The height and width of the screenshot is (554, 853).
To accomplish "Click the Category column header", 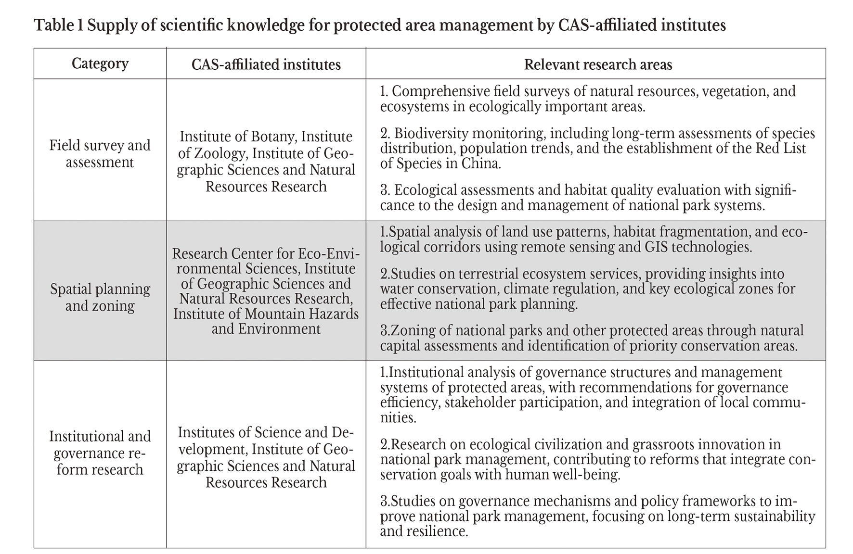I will tap(100, 64).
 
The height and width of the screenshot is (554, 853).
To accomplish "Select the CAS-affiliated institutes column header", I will tap(266, 64).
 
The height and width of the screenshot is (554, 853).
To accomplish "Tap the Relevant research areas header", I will tap(598, 64).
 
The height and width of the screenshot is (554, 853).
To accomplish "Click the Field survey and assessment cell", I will tap(100, 153).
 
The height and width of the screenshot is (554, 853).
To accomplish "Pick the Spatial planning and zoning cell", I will tap(100, 297).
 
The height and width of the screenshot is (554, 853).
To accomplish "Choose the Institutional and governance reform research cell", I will tap(100, 453).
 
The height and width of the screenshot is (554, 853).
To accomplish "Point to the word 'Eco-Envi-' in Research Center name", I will tap(329, 253).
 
